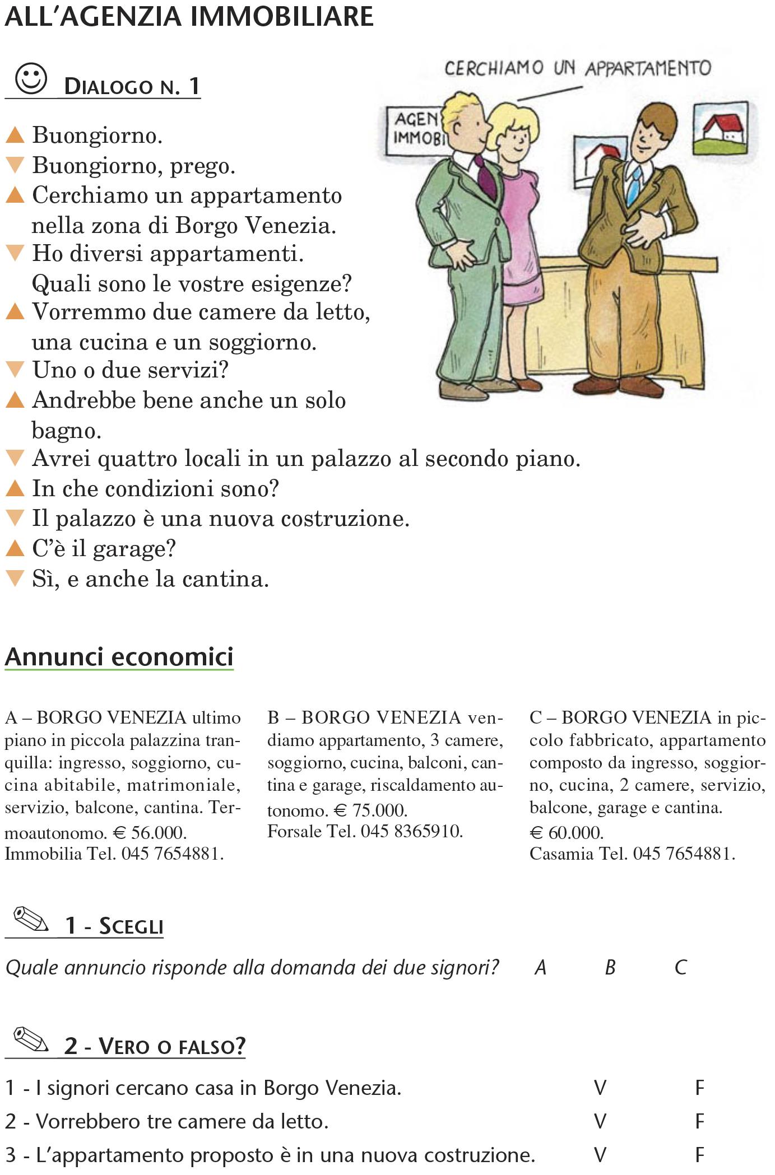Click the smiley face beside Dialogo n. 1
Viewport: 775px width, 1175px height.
(31, 79)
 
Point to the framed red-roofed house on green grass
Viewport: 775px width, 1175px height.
(720, 128)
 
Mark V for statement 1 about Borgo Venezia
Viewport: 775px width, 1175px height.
(600, 1088)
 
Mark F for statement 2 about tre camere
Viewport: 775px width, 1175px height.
(699, 1121)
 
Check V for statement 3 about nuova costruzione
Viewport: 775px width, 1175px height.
(600, 1154)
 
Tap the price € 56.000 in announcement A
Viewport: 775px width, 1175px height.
(150, 833)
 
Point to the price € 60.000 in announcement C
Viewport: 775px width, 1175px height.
(567, 833)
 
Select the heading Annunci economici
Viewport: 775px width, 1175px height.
(119, 656)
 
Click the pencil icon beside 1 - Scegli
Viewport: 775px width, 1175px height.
(31, 919)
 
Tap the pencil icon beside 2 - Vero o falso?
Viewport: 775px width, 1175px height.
(31, 1040)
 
